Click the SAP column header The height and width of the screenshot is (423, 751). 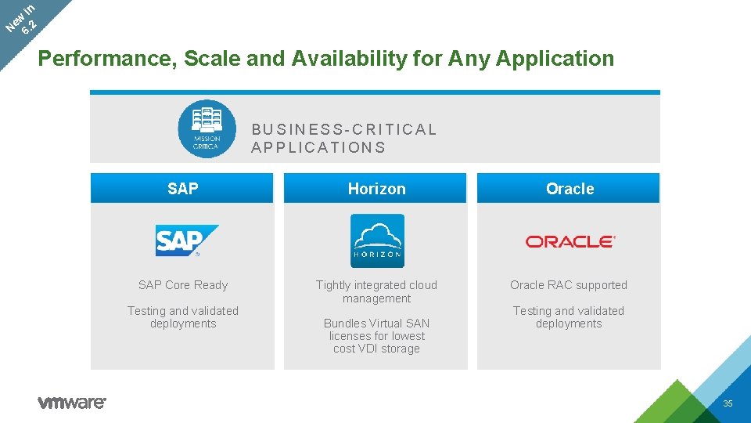[182, 189]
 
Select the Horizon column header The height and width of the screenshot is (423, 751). [376, 189]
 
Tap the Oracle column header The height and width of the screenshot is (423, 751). [570, 189]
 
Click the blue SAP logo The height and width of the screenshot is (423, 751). [187, 240]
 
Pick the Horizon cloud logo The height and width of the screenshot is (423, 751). [377, 240]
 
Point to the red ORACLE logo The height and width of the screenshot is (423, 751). [570, 241]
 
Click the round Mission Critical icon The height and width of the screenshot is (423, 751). [207, 128]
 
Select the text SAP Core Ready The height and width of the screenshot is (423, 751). [183, 285]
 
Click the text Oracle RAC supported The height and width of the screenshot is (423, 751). [569, 285]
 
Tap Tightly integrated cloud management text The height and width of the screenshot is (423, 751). [376, 291]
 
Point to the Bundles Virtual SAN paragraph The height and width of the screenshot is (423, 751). [376, 335]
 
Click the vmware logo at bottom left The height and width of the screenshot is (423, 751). [72, 403]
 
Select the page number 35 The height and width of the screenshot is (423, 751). [728, 403]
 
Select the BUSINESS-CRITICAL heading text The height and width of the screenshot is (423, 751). [344, 129]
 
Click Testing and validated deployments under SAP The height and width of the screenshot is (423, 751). [183, 316]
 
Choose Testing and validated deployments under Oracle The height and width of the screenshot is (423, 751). [569, 316]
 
